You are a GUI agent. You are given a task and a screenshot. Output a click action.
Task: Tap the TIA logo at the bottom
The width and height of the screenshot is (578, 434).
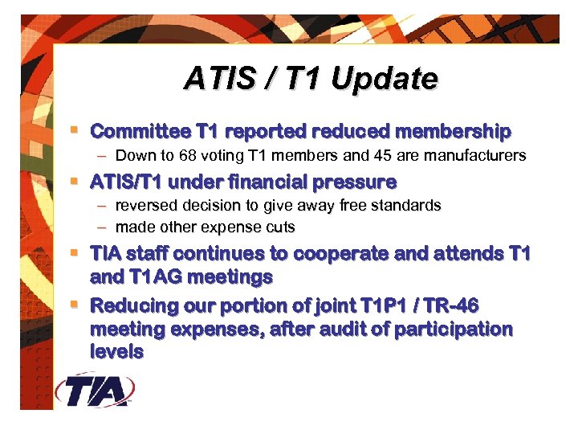[x=95, y=391]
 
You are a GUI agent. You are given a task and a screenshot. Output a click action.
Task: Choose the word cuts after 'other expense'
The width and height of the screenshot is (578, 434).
[x=280, y=227]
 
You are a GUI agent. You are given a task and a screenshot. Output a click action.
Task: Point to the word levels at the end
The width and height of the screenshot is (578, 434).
[x=117, y=351]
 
